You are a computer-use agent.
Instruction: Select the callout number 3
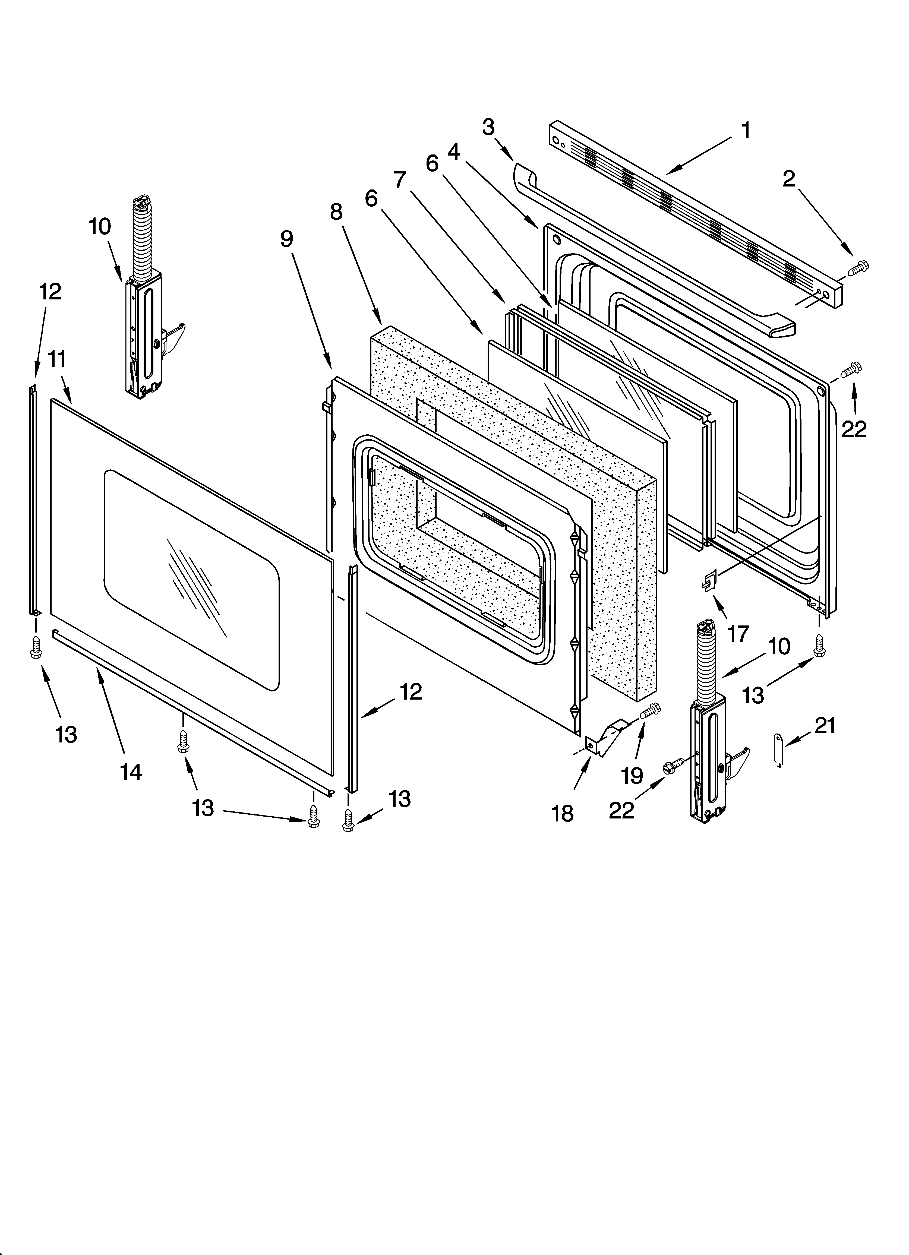click(x=488, y=127)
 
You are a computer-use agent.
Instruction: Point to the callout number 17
click(x=738, y=634)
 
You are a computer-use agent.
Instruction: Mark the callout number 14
click(x=131, y=771)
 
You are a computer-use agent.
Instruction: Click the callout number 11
click(x=57, y=359)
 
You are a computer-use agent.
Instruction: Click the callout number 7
click(x=400, y=180)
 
